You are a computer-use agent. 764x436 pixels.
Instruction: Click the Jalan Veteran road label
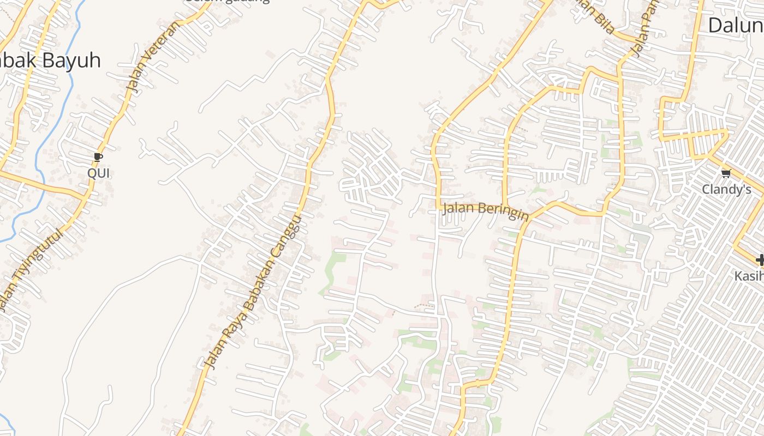pos(152,56)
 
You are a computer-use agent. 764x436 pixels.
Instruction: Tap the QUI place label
pos(99,173)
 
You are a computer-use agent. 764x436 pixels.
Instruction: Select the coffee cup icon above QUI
pos(98,158)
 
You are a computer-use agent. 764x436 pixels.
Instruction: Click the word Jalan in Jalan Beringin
pos(457,208)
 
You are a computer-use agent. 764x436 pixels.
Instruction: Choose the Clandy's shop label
pos(726,190)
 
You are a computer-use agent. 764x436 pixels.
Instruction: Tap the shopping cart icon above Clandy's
pos(726,174)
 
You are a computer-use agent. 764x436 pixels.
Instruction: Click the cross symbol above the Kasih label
pos(759,261)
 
